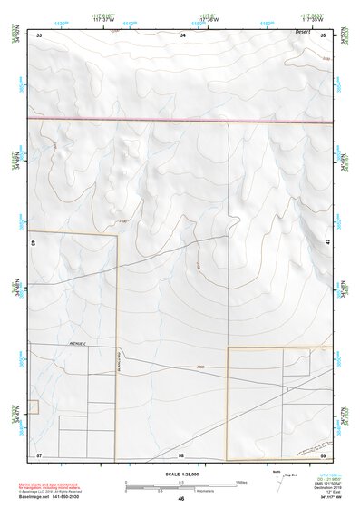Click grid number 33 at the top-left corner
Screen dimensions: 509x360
[x=40, y=34]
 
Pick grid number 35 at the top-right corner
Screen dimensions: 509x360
[x=323, y=34]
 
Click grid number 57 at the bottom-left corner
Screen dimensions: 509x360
[x=40, y=453]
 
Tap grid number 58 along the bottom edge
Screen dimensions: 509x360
[x=181, y=453]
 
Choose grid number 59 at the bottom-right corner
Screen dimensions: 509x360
[x=323, y=453]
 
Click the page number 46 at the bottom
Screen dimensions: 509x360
[x=181, y=499]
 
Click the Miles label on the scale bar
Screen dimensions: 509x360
[x=241, y=481]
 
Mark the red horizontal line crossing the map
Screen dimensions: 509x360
[x=181, y=118]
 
